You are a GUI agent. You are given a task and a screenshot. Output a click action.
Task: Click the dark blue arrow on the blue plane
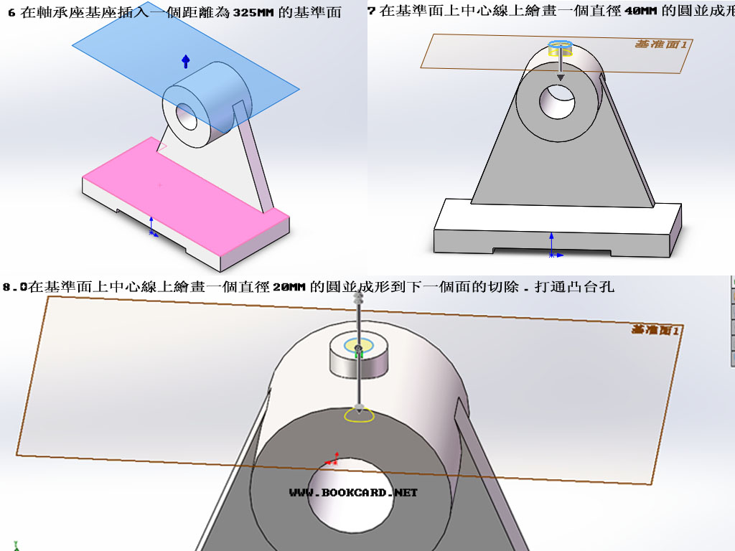click(x=186, y=62)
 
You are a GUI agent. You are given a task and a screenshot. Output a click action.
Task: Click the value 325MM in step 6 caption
click(x=253, y=12)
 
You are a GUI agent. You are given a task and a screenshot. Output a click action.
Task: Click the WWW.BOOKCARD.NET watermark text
click(x=353, y=493)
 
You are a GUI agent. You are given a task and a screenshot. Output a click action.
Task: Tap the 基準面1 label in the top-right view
click(x=660, y=44)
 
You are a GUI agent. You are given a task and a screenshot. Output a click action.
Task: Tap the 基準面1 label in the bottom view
click(x=655, y=330)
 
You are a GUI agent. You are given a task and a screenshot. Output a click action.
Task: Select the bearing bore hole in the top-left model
click(x=187, y=116)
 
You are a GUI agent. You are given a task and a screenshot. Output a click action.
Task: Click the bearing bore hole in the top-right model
click(x=557, y=102)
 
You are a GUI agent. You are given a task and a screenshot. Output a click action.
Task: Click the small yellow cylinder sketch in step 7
click(x=560, y=49)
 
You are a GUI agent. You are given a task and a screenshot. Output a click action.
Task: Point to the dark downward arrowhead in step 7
click(x=561, y=77)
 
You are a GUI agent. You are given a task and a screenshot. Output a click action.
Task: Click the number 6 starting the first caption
click(x=11, y=13)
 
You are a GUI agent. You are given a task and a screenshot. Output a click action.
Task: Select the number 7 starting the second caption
click(x=371, y=11)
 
